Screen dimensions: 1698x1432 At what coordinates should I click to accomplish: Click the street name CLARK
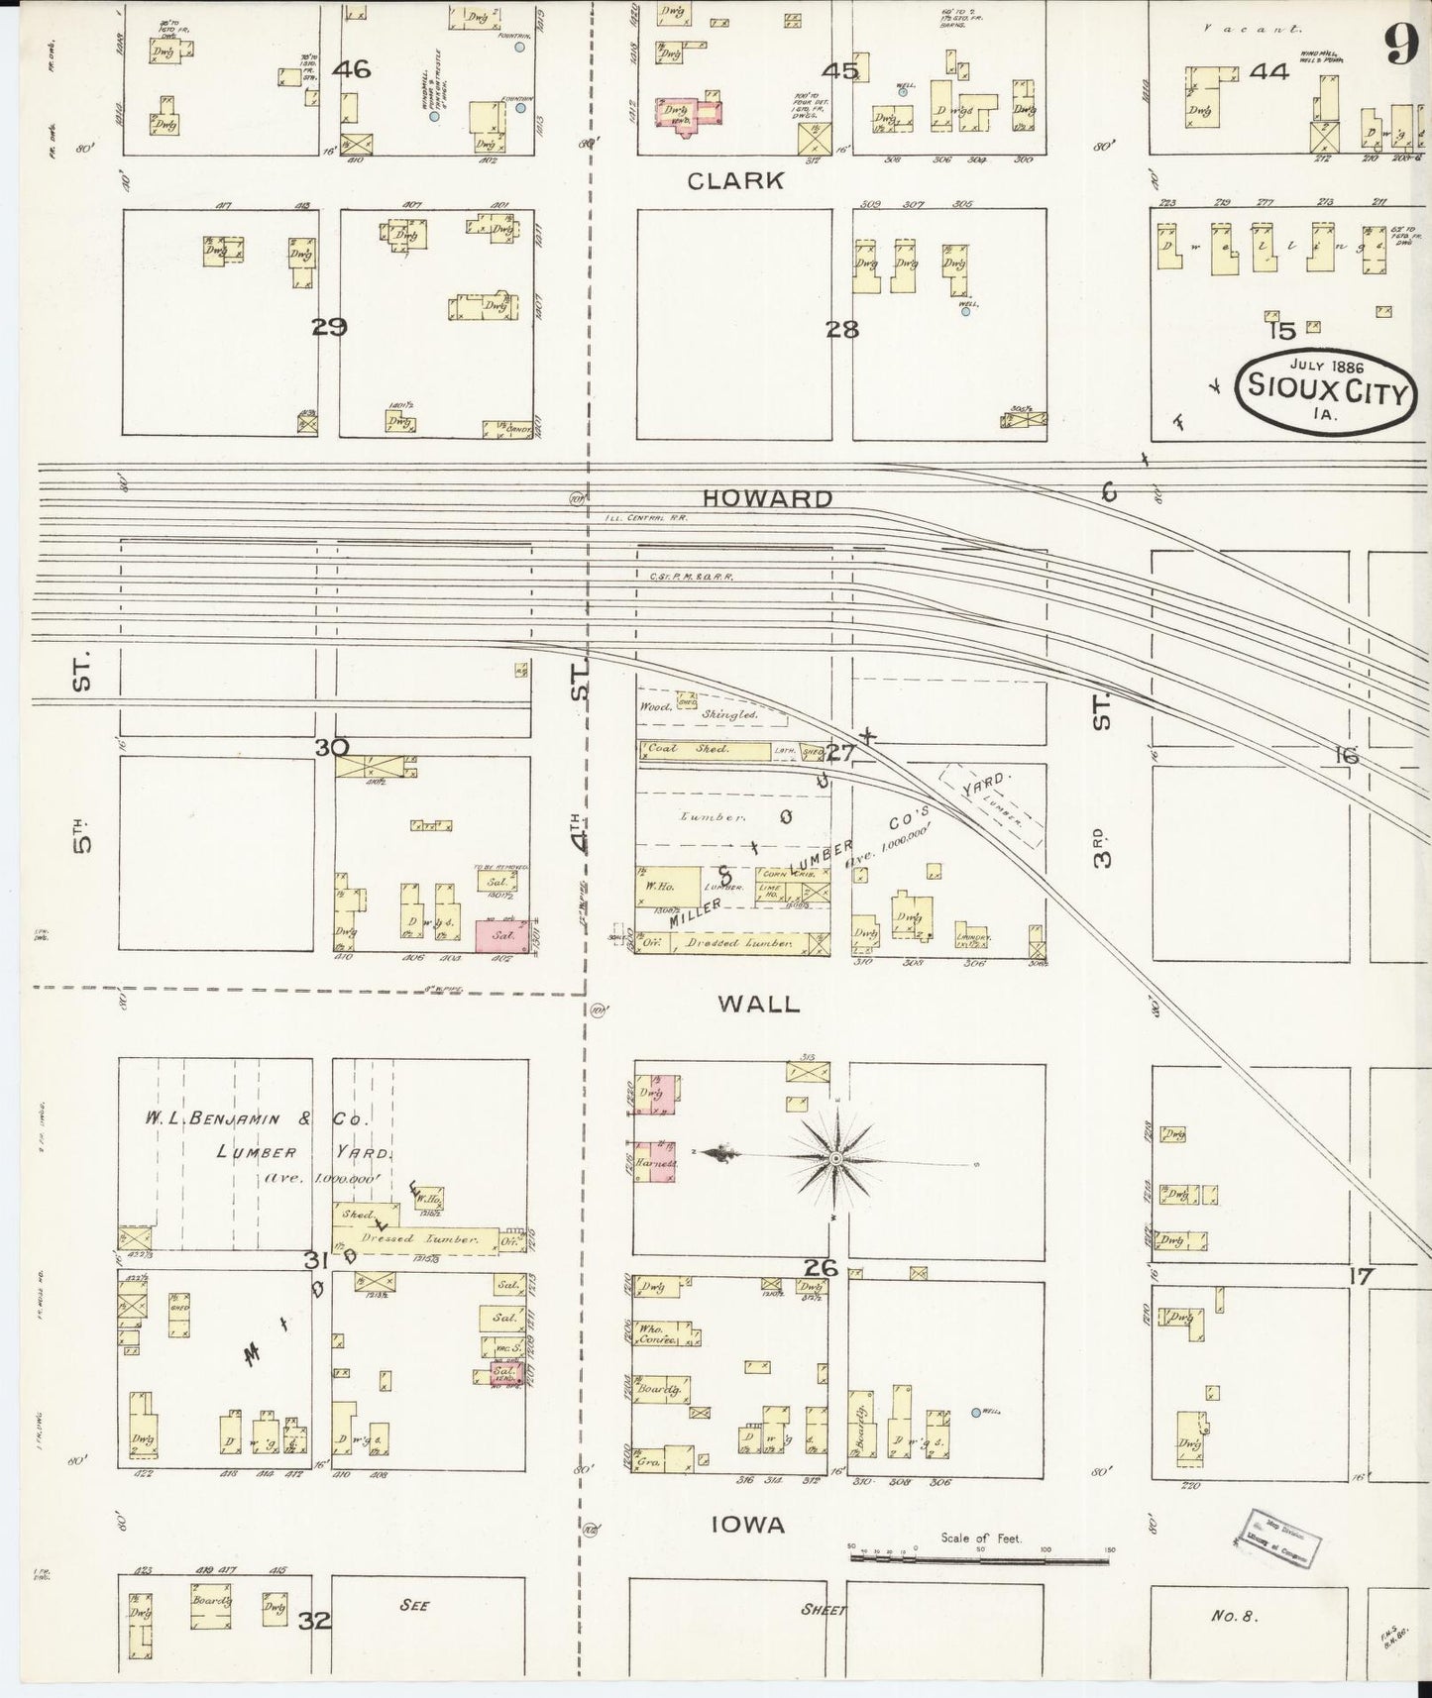coord(735,180)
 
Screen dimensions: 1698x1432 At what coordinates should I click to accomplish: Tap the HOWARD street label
coord(768,498)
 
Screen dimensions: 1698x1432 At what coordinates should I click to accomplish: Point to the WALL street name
coord(758,1004)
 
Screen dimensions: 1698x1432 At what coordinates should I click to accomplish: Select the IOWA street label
coord(749,1525)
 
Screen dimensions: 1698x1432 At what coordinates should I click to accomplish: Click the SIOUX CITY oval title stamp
coord(1327,390)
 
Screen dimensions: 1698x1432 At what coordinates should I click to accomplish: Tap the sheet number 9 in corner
coord(1401,45)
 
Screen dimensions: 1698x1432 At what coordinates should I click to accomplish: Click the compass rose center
coord(835,1158)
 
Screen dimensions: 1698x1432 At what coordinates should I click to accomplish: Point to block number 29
coord(329,328)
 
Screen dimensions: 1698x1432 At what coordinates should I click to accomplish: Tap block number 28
coord(842,330)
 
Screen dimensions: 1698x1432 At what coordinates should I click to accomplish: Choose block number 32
coord(315,1622)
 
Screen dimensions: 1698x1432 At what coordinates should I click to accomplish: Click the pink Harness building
coord(656,1162)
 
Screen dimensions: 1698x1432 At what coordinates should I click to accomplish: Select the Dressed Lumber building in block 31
coord(414,1238)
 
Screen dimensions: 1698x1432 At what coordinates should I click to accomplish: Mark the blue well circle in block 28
coord(965,311)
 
